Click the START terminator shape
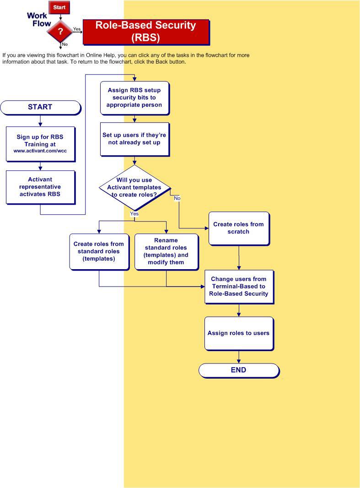(x=40, y=107)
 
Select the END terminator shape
(x=238, y=370)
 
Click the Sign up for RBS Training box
(x=40, y=143)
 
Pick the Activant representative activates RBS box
(x=40, y=187)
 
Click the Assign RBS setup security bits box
(x=134, y=98)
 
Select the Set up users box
(x=134, y=139)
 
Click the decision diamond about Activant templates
(x=134, y=187)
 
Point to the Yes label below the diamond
(x=134, y=214)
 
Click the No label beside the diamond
(x=177, y=198)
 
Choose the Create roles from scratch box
(x=238, y=228)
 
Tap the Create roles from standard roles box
(x=98, y=251)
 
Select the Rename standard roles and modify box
(x=166, y=251)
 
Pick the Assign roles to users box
(x=238, y=333)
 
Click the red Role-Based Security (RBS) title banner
(x=145, y=32)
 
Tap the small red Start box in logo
(x=59, y=7)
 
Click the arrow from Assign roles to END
(x=239, y=357)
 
